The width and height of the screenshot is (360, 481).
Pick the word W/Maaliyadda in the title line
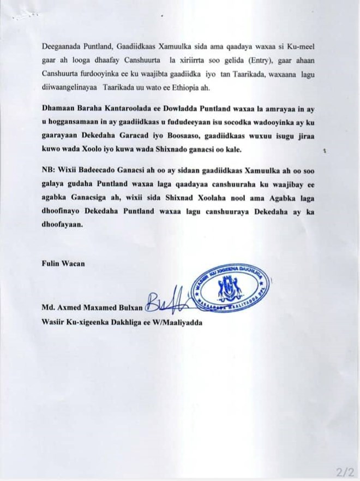(179, 322)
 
